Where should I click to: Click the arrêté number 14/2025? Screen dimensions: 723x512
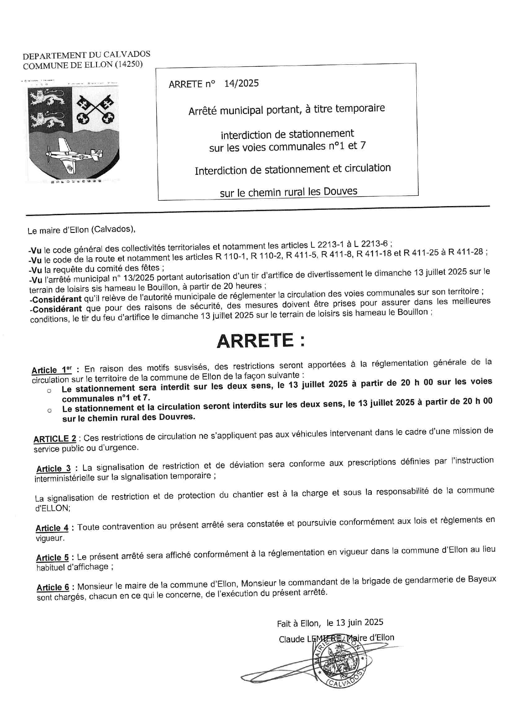click(241, 83)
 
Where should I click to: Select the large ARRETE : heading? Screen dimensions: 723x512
click(261, 340)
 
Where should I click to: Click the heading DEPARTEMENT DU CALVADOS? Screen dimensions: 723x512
click(87, 55)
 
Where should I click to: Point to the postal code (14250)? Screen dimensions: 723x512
click(128, 64)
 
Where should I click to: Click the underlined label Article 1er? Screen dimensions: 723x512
click(52, 370)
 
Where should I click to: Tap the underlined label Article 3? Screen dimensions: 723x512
click(53, 469)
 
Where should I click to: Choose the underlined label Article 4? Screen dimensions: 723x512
click(52, 528)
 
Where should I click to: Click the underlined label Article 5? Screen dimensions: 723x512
click(52, 558)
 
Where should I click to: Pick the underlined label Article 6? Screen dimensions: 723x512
click(53, 587)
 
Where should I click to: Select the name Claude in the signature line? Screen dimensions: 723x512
click(291, 639)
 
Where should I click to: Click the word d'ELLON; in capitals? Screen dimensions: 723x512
click(53, 508)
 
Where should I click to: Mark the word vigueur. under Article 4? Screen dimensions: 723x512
click(50, 538)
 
